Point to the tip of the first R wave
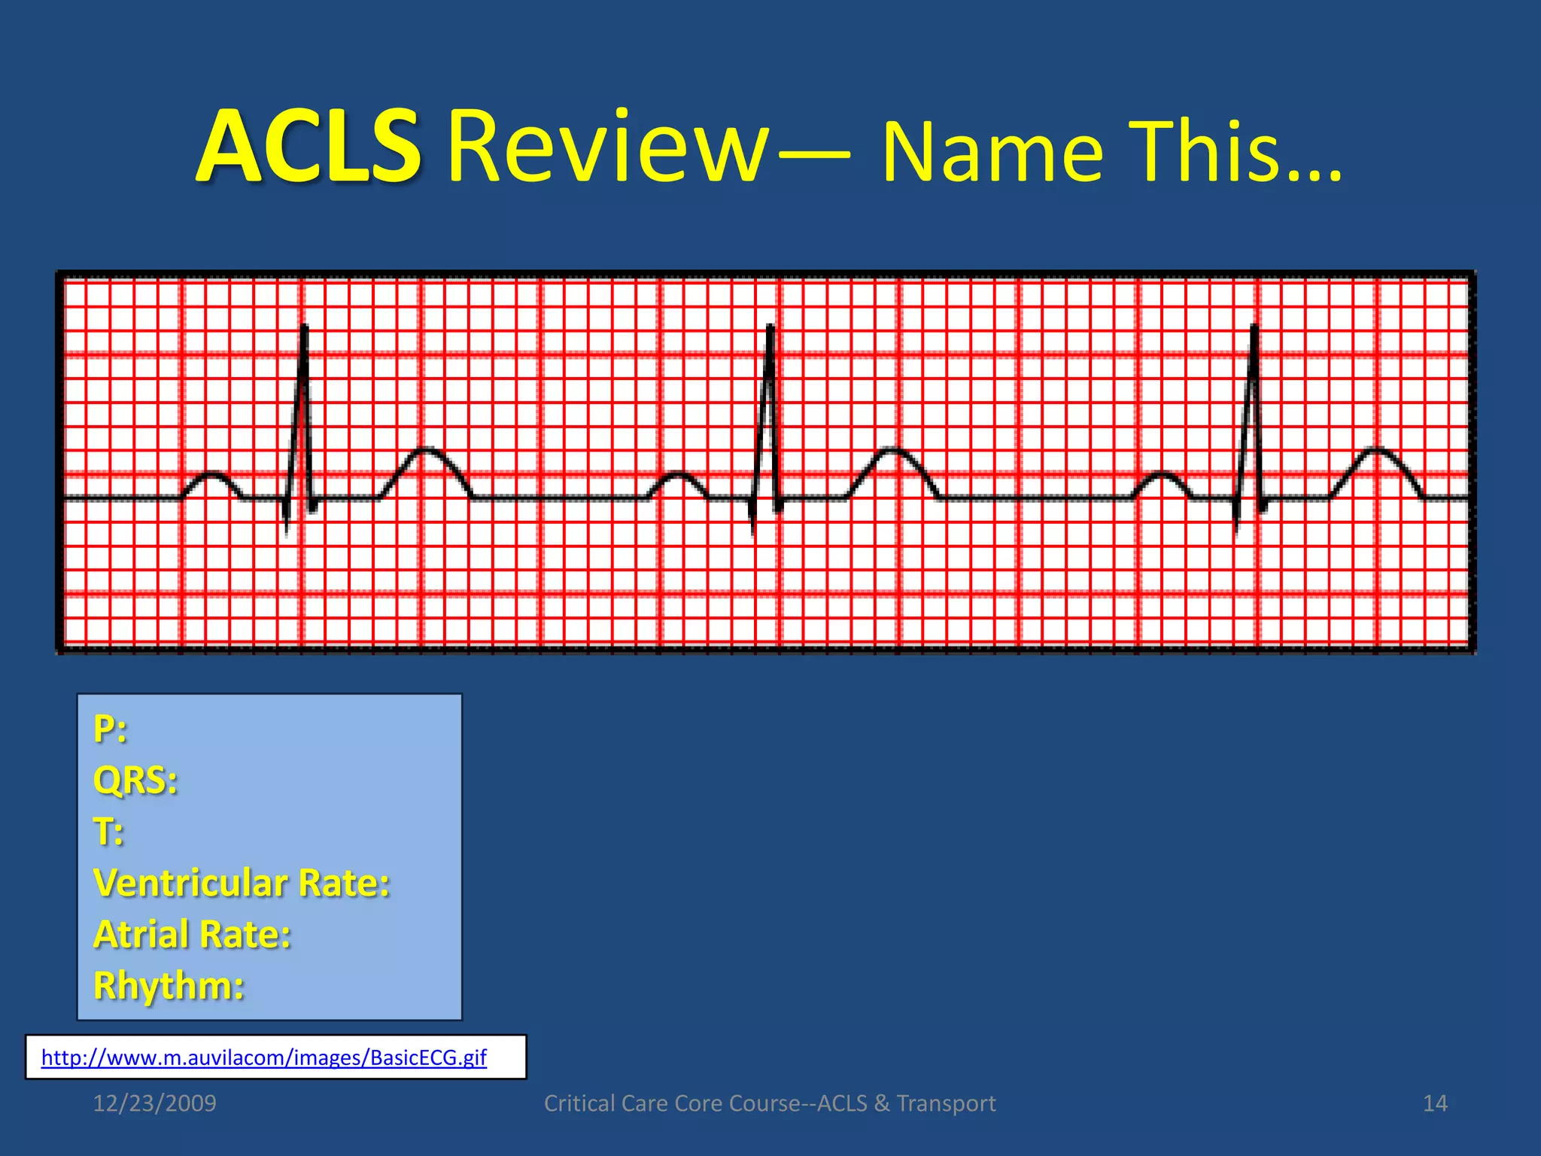305,327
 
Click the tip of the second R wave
770,327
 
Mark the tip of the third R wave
1254,327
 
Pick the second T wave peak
892,450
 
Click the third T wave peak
1376,450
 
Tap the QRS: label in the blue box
135,780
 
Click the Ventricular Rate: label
242,883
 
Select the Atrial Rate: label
192,934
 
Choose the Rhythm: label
169,985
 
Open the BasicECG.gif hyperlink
263,1057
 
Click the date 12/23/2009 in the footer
154,1103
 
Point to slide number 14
1435,1103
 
